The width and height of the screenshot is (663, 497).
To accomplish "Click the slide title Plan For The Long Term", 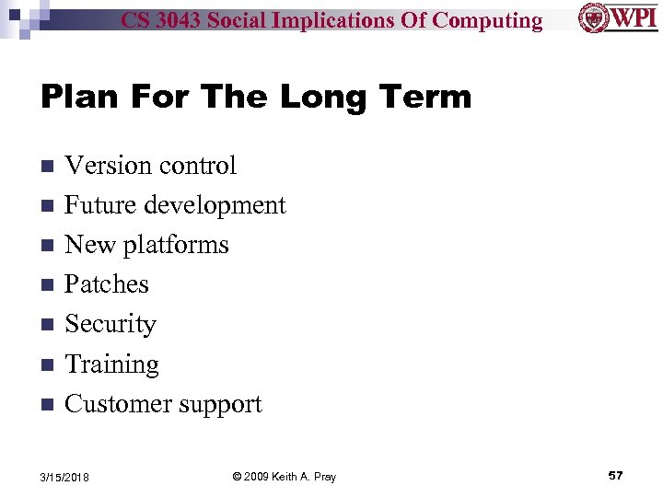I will click(256, 98).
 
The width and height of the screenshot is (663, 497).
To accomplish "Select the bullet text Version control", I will click(150, 166).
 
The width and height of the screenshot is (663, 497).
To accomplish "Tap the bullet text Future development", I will click(175, 205).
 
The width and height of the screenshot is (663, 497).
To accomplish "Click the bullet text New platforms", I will click(146, 245).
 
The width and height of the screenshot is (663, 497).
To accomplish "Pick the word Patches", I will click(107, 284).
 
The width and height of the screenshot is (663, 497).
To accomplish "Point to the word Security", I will click(110, 324).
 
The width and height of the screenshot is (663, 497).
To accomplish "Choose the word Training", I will click(111, 364).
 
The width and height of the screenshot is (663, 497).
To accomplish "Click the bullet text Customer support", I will click(163, 404).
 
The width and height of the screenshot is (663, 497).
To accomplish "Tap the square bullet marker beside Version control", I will click(47, 167).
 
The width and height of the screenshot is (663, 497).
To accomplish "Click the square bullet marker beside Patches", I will click(47, 285).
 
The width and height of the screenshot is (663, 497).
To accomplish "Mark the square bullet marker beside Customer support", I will click(47, 405).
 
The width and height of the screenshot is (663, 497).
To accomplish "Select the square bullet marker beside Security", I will click(47, 325).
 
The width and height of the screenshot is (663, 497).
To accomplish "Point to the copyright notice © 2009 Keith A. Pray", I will click(284, 477).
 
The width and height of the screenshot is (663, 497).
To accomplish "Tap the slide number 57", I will click(615, 476).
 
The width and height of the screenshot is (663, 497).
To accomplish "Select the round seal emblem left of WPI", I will click(593, 17).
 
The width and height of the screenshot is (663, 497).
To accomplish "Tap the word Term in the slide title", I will click(425, 98).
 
